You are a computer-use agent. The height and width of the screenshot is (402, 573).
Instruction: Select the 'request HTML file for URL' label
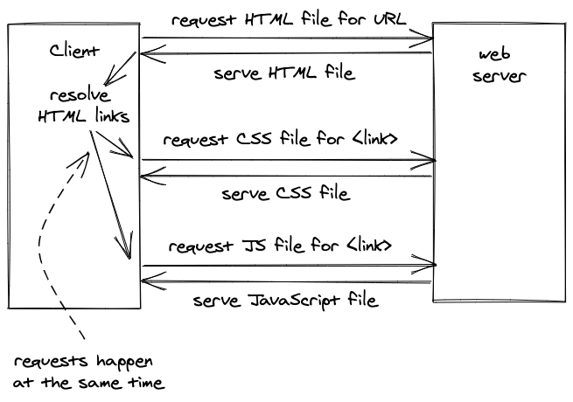pyautogui.click(x=288, y=20)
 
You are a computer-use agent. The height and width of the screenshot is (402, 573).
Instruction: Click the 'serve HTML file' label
pyautogui.click(x=284, y=73)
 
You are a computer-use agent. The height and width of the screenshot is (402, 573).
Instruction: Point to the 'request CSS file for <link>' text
pyautogui.click(x=281, y=140)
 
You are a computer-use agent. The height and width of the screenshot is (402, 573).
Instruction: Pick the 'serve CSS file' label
pyautogui.click(x=286, y=193)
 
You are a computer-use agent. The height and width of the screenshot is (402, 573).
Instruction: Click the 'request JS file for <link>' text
pyautogui.click(x=280, y=246)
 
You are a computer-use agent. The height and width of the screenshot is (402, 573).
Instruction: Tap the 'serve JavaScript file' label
pyautogui.click(x=285, y=301)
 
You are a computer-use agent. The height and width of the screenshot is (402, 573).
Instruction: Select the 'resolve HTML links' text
pyautogui.click(x=84, y=106)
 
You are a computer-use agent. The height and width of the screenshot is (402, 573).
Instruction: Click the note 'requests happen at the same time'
pyautogui.click(x=87, y=371)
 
